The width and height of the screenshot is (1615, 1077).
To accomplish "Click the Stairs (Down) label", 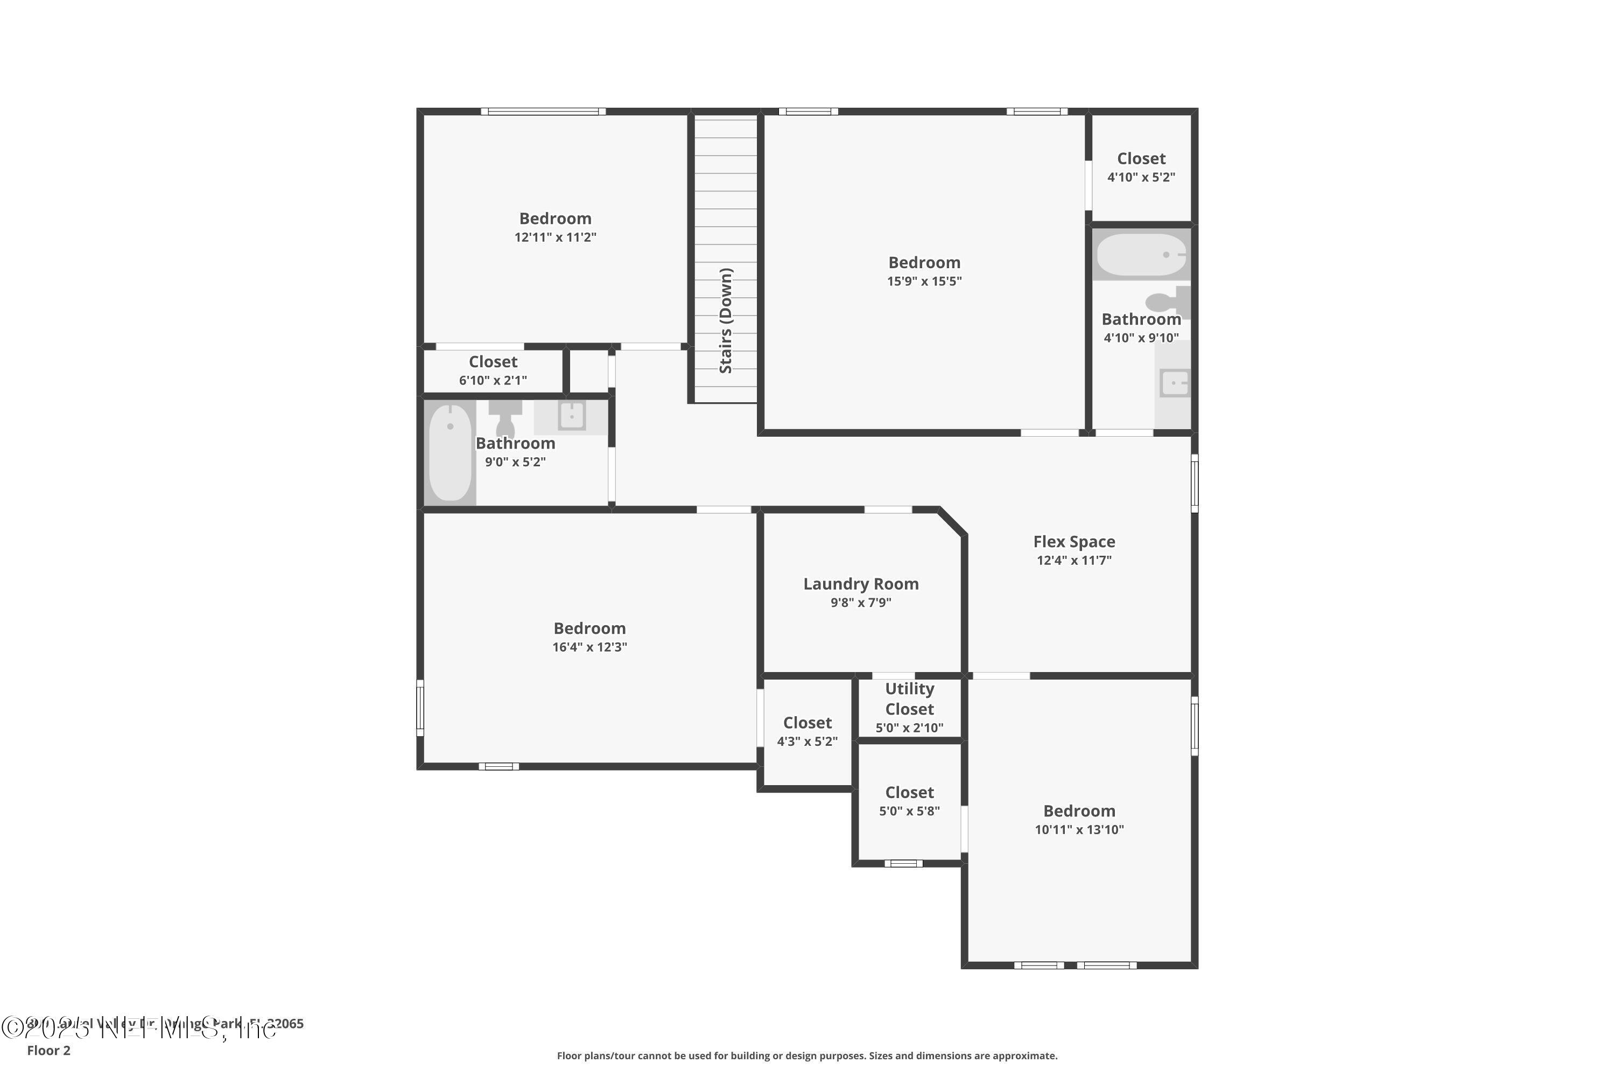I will [x=726, y=321].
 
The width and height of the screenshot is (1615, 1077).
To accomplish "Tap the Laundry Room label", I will [x=860, y=584].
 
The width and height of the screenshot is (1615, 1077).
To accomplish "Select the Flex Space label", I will [x=1074, y=542].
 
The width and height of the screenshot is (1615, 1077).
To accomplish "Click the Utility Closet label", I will [x=909, y=698].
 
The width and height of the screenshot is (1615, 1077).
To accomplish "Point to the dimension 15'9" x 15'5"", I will [x=924, y=281].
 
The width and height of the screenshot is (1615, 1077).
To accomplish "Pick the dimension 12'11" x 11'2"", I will [x=556, y=237].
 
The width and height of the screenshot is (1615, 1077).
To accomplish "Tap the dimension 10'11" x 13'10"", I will [x=1079, y=830].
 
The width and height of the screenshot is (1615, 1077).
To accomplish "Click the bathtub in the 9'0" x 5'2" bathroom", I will [x=450, y=452].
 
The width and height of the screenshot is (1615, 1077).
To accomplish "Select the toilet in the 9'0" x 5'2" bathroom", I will [x=505, y=416].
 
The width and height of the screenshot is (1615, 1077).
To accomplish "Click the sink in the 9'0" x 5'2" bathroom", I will [x=571, y=416].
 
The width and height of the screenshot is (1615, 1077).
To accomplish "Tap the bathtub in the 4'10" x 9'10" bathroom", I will [x=1141, y=255].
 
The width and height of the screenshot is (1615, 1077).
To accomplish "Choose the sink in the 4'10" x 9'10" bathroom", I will [x=1174, y=382].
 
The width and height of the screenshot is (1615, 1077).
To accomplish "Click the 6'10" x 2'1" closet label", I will [x=493, y=362].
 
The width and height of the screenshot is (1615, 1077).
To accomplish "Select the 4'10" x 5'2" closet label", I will [x=1141, y=159].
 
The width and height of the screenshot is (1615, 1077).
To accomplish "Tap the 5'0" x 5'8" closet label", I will [x=909, y=793].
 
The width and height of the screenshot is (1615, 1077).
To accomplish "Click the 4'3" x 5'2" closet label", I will [x=807, y=723].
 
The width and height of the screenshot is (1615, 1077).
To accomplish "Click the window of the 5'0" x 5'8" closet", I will [x=904, y=863].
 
